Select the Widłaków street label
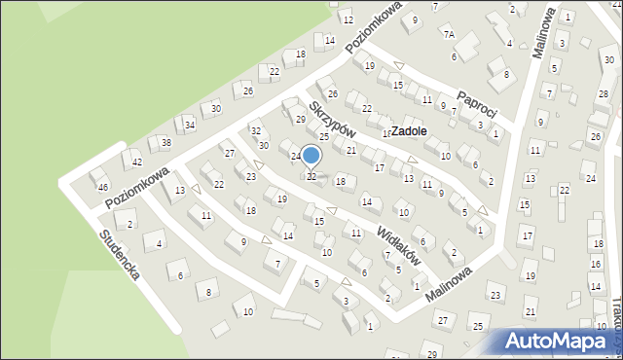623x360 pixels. (399, 240)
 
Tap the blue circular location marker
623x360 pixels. (311, 156)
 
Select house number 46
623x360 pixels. (103, 186)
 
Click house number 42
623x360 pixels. (137, 162)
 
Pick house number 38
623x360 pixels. (166, 143)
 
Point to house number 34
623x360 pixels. (190, 126)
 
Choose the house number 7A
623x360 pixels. (449, 34)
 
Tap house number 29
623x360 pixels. (300, 119)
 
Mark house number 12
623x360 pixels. (348, 19)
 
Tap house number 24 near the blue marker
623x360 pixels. (295, 156)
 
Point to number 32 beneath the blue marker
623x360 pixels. (311, 176)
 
